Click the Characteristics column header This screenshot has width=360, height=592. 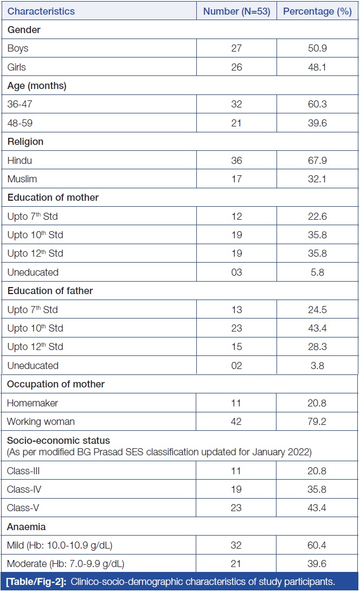click(41, 11)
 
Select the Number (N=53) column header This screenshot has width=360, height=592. click(236, 11)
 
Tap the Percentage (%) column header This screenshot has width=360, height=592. click(317, 11)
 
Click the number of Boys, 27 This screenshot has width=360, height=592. click(236, 48)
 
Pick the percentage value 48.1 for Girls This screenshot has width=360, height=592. click(317, 67)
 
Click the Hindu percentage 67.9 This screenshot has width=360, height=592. click(317, 161)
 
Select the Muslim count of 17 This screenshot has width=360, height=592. click(236, 179)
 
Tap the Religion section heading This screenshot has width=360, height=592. click(25, 142)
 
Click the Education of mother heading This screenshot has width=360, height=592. click(50, 198)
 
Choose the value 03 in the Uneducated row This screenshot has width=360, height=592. click(236, 272)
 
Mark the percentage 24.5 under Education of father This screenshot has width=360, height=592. click(317, 310)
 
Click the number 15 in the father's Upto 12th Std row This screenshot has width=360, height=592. click(236, 347)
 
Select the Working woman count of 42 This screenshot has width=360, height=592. click(236, 422)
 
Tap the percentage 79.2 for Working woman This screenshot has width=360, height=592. click(317, 422)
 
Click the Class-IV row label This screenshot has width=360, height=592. click(24, 489)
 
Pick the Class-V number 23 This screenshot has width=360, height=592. click(236, 508)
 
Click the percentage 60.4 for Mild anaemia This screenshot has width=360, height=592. click(317, 545)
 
